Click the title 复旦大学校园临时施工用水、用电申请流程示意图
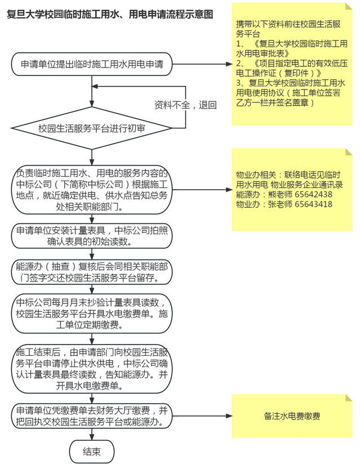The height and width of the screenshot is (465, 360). click(x=110, y=14)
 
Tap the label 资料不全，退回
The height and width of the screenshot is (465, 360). click(x=185, y=105)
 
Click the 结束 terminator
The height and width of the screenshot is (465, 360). click(x=91, y=451)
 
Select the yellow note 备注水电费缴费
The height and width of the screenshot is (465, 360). click(x=292, y=416)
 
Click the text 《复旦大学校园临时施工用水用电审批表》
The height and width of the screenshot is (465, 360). click(x=292, y=48)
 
